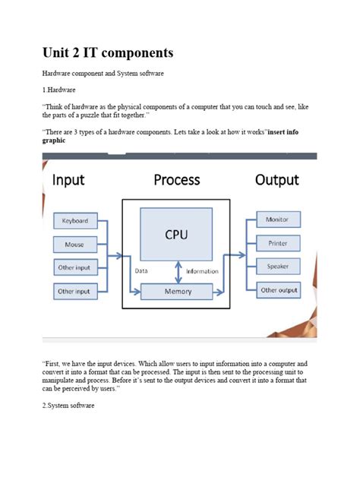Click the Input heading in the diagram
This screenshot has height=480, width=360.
point(68,180)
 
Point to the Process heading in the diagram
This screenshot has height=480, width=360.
point(176,180)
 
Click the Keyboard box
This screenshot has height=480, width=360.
point(74,221)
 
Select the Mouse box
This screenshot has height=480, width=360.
point(74,245)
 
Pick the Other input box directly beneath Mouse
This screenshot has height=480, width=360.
point(74,267)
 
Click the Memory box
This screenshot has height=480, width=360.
point(178,291)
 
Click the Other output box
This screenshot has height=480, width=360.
point(278,290)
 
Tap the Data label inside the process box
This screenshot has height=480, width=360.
point(141,271)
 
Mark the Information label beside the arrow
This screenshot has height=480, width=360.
point(201,271)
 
